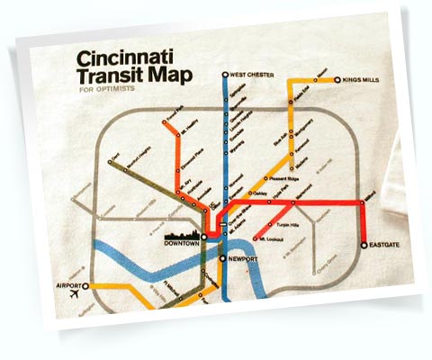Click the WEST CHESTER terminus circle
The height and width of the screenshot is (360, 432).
pos(225,75)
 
